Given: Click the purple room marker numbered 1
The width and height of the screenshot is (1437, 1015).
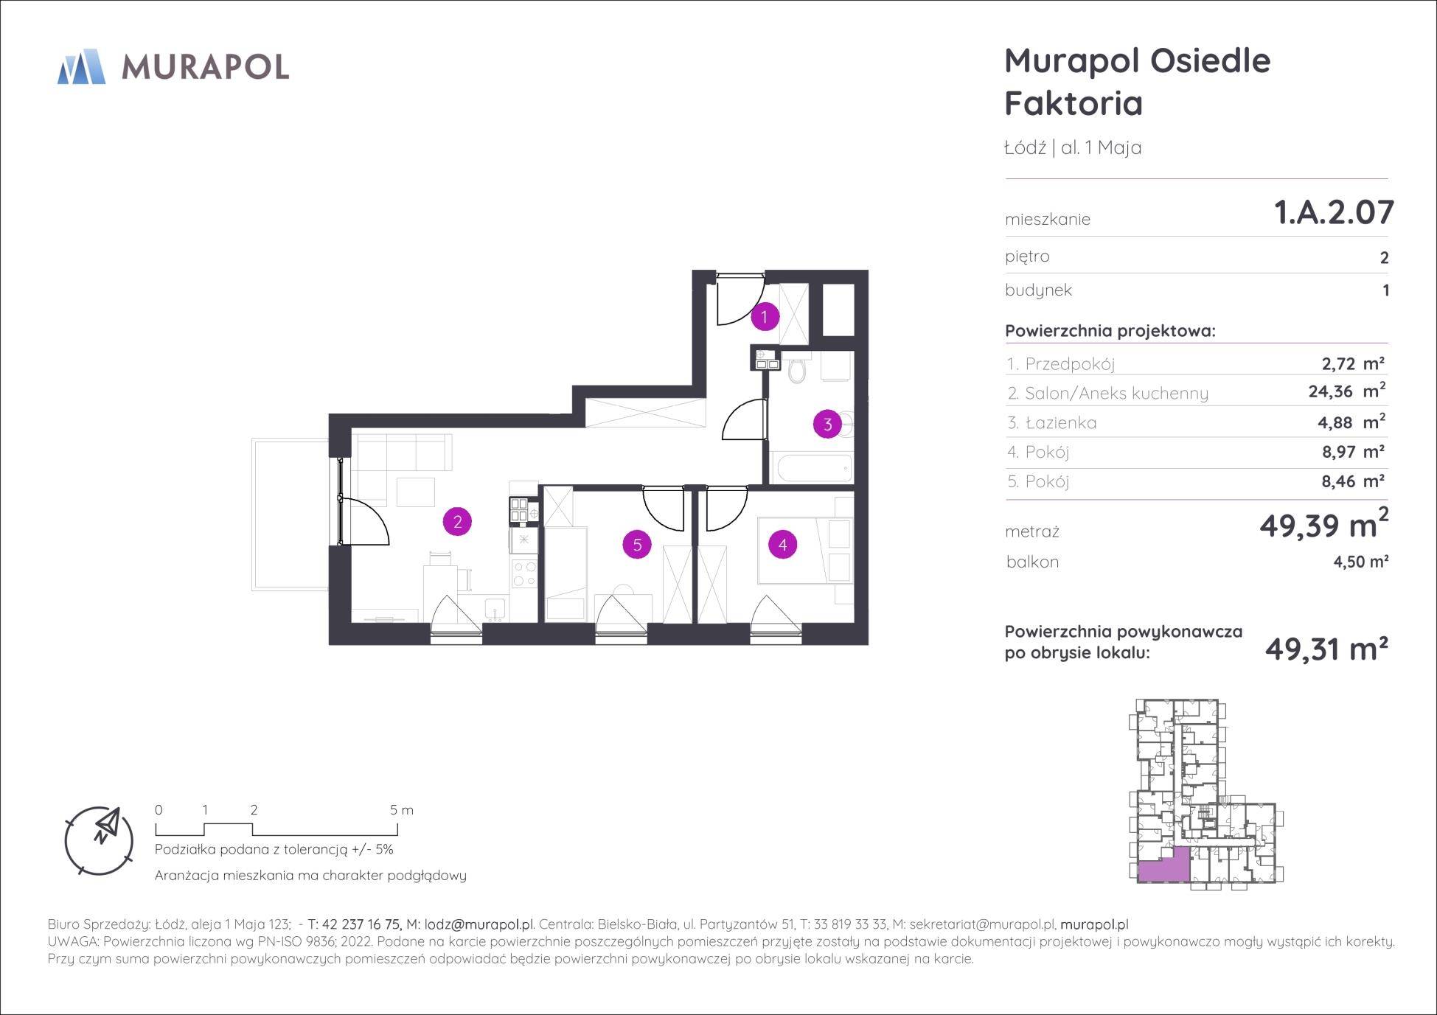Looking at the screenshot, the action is [x=765, y=317].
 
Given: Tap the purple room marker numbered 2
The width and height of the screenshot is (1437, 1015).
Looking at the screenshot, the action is [x=457, y=522].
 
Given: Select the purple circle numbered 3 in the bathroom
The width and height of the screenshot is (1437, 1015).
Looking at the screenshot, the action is [x=827, y=424].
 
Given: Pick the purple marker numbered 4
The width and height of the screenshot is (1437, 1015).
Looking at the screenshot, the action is [x=782, y=545].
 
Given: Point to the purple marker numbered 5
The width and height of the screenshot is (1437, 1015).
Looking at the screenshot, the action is [x=637, y=545].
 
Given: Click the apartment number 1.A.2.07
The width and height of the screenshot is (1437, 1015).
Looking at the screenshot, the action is [x=1334, y=212].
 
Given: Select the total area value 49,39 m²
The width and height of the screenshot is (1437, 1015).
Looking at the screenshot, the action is [x=1324, y=524].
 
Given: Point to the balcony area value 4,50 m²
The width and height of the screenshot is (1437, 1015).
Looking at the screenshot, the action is [x=1361, y=562].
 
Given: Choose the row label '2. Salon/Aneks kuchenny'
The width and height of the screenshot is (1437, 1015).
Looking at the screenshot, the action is [x=1107, y=393].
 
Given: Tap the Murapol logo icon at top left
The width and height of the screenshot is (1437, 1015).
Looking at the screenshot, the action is [x=82, y=66].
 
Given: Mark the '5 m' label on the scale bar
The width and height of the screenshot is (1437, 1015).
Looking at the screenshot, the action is [x=402, y=810].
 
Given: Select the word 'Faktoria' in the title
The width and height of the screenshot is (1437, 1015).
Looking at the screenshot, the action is [x=1074, y=103].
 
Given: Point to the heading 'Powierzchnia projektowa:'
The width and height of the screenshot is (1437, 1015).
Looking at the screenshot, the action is [x=1110, y=331].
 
